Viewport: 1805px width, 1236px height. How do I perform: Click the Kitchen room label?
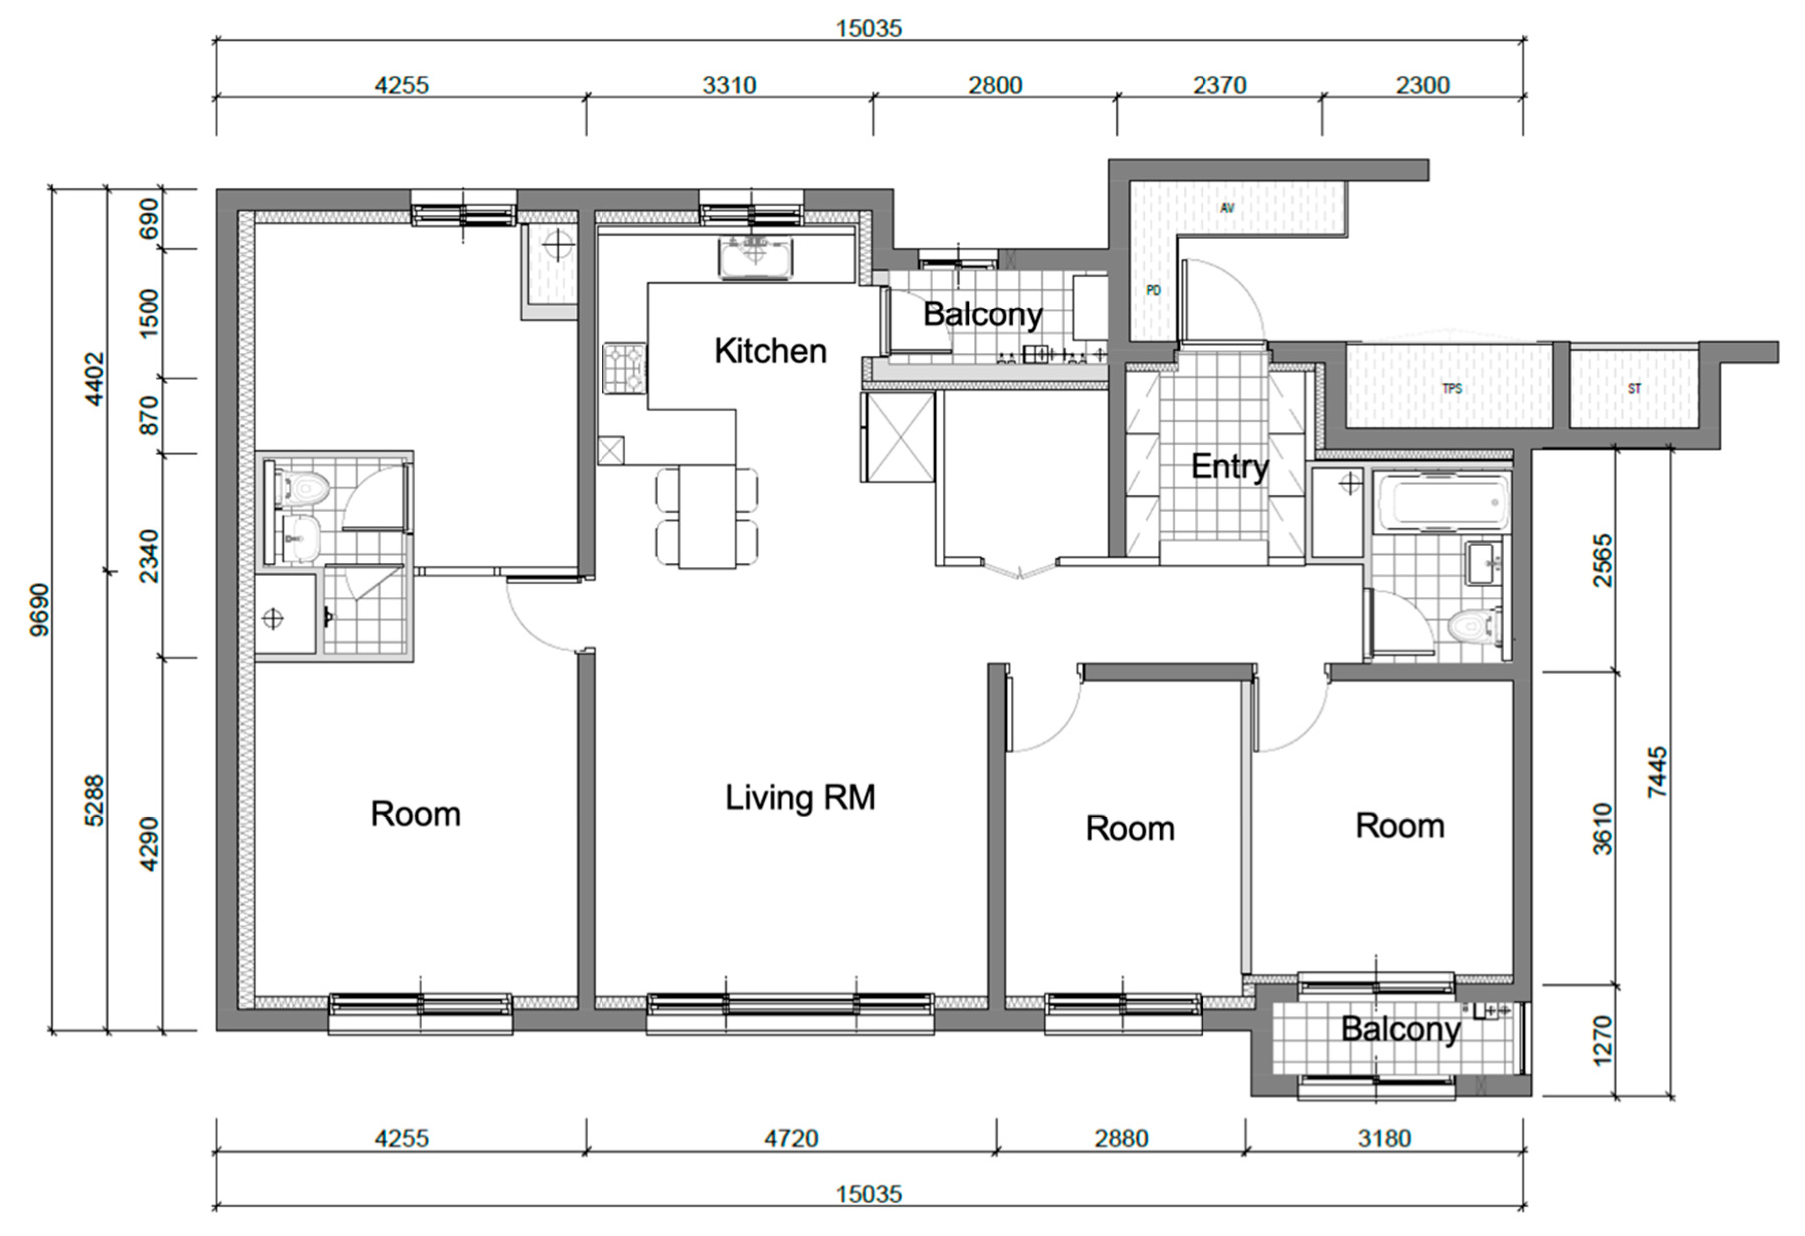coord(770,351)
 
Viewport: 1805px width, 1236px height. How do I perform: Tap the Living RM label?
coord(800,797)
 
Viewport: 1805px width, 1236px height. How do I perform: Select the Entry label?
coord(1229,466)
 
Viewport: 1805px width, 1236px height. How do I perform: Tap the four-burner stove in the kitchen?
coord(624,368)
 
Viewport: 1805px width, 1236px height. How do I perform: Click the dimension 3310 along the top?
coord(729,85)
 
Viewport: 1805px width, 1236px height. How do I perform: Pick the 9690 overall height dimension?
coord(39,610)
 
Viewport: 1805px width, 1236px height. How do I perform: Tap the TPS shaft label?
coord(1452,388)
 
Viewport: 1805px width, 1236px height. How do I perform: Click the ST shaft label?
coord(1634,388)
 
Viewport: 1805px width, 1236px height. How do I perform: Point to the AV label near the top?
coord(1227,208)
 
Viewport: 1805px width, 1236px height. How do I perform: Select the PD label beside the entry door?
coord(1154,290)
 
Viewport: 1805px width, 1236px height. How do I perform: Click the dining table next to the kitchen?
coord(707,517)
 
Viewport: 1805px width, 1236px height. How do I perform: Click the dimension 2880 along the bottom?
coord(1121,1138)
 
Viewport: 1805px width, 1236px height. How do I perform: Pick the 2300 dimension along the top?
coord(1423,85)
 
